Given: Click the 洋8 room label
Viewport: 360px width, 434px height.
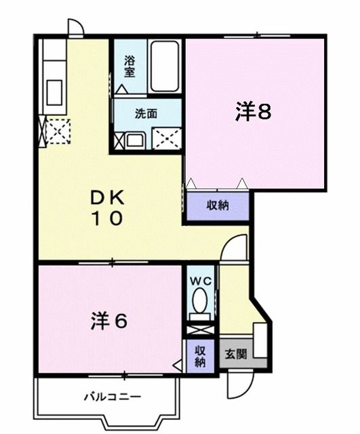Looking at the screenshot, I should (253, 112).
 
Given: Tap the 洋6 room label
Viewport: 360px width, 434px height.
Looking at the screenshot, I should (108, 320).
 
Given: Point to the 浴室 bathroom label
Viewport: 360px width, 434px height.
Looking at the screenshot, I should (129, 66).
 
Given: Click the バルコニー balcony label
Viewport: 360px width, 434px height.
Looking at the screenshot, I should (112, 395).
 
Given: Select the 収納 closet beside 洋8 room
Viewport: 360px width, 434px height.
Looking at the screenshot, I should (218, 205).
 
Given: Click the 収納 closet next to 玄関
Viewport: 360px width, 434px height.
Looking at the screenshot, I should (201, 356).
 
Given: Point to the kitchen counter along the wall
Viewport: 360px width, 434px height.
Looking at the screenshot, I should (53, 75).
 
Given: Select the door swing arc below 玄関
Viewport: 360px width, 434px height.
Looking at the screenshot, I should (238, 384).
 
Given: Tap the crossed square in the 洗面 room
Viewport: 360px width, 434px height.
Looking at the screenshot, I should (165, 138).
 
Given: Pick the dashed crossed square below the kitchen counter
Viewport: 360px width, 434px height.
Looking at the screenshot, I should (55, 131).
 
